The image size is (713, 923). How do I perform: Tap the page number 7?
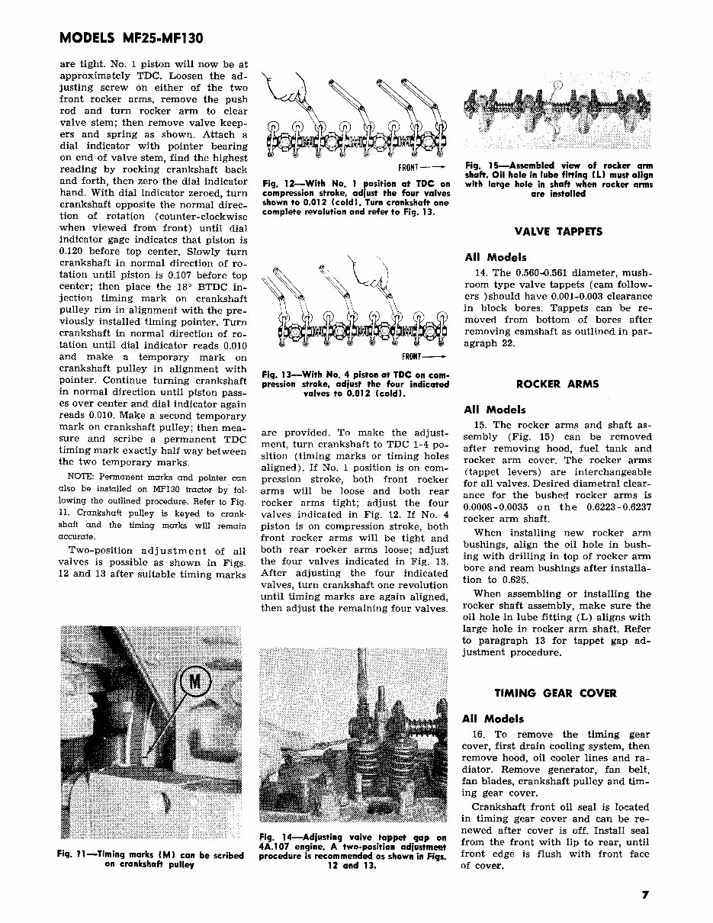coord(645,897)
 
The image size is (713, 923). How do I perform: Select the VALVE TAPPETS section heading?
coord(558,231)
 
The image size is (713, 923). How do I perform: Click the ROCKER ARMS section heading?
coord(557,384)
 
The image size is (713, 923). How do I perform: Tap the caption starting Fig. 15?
coord(558,179)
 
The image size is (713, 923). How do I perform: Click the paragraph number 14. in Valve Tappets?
coord(480,273)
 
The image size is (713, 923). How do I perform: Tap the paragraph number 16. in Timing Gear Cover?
coord(480,735)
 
